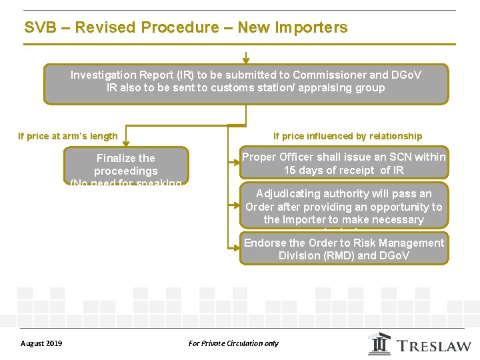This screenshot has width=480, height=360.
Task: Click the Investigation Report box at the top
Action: [x=246, y=83]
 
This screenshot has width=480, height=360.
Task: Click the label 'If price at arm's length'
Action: [x=68, y=136]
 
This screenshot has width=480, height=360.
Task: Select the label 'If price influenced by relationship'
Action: [x=347, y=136]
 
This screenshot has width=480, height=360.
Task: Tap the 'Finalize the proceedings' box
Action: [x=126, y=166]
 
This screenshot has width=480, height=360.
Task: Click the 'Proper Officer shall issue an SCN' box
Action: [x=343, y=163]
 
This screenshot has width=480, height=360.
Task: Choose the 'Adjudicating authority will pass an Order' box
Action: [x=343, y=206]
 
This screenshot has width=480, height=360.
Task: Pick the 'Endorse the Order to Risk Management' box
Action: [x=343, y=249]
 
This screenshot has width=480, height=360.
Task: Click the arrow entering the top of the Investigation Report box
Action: [x=246, y=58]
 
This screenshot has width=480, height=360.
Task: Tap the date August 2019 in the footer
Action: [x=41, y=343]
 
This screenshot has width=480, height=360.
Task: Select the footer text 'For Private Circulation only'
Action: [x=233, y=343]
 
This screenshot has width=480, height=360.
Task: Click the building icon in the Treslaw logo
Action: [x=380, y=343]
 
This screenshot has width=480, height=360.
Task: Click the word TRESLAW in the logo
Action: [x=435, y=346]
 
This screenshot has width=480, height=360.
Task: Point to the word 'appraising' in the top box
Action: [x=330, y=87]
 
